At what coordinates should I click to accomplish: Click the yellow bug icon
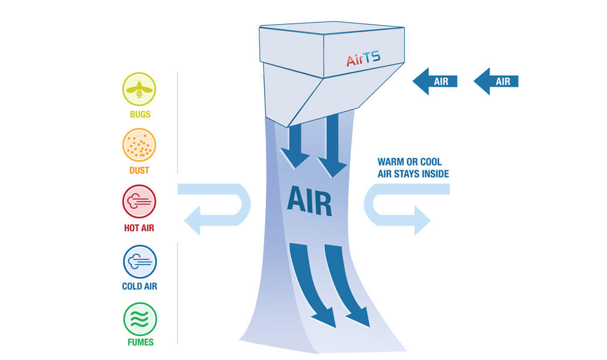(140, 89)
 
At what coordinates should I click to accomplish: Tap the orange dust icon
(140, 145)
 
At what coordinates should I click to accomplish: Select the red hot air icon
(140, 201)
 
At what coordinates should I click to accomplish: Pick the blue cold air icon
(140, 261)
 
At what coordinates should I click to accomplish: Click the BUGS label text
(140, 114)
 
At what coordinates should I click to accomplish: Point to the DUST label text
(140, 170)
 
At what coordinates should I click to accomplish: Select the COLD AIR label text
(140, 287)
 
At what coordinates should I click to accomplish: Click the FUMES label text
(140, 343)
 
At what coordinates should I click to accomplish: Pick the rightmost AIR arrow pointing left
(496, 81)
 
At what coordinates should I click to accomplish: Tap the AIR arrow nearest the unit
(435, 81)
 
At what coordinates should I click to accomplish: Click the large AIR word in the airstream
(309, 200)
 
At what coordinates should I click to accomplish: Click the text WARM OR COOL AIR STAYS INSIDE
(413, 168)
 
